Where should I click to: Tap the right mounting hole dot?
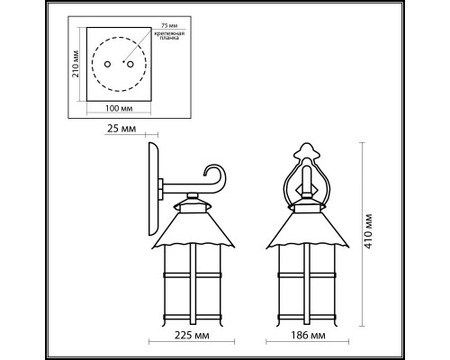coord(127,66)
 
